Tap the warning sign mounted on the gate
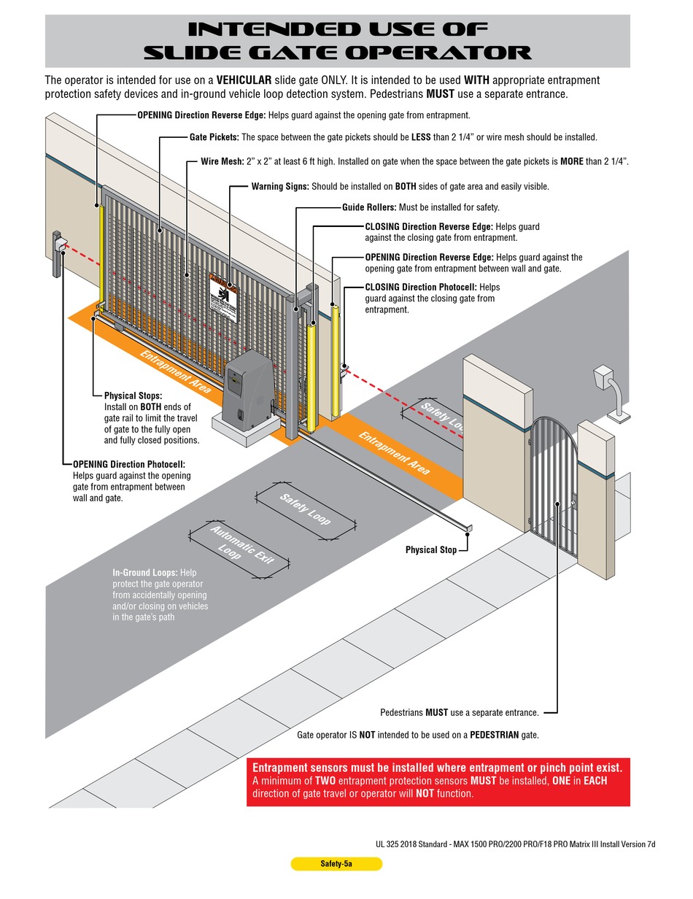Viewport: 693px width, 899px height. pos(224,298)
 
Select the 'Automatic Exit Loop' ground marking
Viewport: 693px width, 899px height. pos(239,549)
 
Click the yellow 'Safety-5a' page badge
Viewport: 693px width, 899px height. pos(336,863)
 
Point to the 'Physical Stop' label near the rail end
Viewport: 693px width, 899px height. pos(431,549)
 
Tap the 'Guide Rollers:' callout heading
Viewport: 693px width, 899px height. pos(369,207)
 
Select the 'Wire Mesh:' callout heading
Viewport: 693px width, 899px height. pos(222,161)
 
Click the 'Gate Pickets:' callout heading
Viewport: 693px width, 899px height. pos(214,137)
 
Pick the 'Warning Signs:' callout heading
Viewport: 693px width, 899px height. pos(280,187)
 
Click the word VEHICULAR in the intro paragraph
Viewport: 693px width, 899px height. pos(244,80)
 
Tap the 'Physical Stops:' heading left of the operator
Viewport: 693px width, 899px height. pos(133,396)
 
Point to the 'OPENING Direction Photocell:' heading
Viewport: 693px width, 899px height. pos(129,464)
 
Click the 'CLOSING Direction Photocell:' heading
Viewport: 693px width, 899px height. pos(421,287)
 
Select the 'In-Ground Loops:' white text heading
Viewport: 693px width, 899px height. pos(145,573)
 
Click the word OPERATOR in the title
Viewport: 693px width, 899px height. pos(438,53)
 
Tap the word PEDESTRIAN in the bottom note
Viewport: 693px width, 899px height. pos(494,735)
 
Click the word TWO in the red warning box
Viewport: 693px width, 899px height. pos(325,781)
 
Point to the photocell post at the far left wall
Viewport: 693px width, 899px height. pos(58,254)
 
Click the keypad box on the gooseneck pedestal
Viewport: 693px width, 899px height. pos(603,377)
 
